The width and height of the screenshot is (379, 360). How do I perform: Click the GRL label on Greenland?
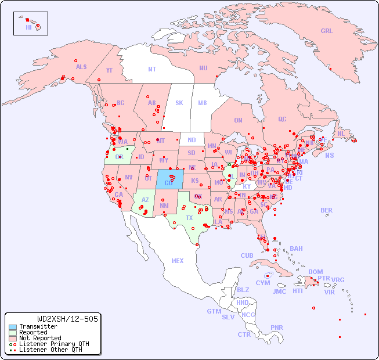coord(327,31)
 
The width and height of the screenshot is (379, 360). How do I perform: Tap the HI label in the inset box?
coord(28,27)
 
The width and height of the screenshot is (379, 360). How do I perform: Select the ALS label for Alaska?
coord(81,67)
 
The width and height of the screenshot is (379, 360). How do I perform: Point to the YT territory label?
coord(109,70)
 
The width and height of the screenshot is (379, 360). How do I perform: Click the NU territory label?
coord(203,68)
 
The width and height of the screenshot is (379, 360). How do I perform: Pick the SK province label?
coord(179,103)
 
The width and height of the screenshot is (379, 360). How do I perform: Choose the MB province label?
coord(202,103)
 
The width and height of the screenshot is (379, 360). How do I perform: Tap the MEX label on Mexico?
coord(178,261)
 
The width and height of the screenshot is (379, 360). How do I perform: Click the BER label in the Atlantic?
coord(326,210)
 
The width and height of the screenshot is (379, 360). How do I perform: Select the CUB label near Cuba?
coord(247,255)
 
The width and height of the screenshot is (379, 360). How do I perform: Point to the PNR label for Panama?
coord(277,327)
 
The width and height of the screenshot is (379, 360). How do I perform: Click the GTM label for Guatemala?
coord(214,311)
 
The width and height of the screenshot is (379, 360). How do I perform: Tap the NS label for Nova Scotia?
coord(329,155)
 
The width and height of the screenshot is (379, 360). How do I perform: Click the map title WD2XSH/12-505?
coord(67,318)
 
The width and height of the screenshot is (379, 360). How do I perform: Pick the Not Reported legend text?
coord(40,338)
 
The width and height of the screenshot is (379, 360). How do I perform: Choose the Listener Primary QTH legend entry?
coord(49,344)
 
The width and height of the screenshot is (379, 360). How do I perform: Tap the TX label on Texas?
coord(189,218)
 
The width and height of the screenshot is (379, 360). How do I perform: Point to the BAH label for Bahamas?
coord(296,249)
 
